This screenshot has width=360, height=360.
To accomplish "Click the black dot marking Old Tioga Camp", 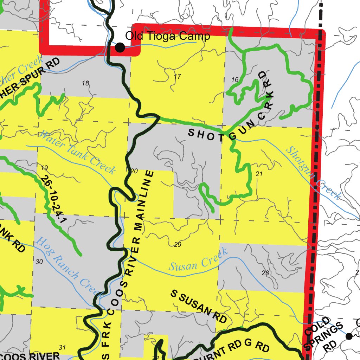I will [x=120, y=47].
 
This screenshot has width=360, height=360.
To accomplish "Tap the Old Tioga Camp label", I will [x=168, y=36].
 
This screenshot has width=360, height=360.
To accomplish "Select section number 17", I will [x=177, y=76].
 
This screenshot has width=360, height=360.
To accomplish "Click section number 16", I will [x=235, y=80].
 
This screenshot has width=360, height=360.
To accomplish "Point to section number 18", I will [x=85, y=83].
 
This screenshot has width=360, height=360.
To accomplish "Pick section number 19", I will [x=44, y=167].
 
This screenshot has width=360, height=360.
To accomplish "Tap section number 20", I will [x=134, y=171].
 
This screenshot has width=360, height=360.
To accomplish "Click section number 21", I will [x=259, y=174].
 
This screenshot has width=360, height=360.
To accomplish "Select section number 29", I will [x=178, y=244].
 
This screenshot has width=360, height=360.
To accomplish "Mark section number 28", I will [x=265, y=273].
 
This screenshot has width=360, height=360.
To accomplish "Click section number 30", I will [x=39, y=262].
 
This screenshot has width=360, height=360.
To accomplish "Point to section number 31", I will [x=62, y=348].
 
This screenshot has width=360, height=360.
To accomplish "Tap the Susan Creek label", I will [x=198, y=260].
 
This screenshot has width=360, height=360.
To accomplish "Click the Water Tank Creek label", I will [x=77, y=153].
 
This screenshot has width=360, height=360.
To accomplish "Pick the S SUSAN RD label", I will [x=198, y=306].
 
